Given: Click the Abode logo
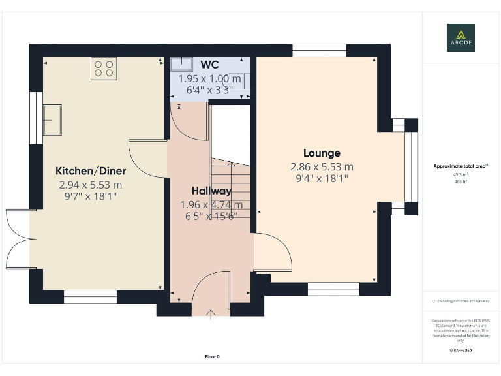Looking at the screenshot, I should click(461, 37).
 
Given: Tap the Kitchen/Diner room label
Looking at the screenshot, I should click(91, 171).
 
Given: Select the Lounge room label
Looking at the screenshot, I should click(322, 153).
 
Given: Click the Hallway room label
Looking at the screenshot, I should click(211, 191).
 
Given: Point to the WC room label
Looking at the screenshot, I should click(209, 64).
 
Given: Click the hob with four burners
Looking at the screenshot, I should click(104, 69).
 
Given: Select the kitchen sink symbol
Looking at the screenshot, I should click(52, 120).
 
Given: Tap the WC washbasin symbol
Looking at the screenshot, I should click(181, 64).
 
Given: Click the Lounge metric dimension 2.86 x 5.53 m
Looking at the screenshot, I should click(322, 166).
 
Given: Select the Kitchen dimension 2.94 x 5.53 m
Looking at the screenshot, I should click(91, 185).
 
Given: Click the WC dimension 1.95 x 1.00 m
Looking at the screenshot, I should click(209, 78).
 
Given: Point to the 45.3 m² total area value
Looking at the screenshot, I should click(461, 174).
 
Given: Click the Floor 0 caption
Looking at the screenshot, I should click(212, 356).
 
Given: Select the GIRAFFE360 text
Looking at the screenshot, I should click(461, 351).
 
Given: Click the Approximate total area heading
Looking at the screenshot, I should click(461, 166).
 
